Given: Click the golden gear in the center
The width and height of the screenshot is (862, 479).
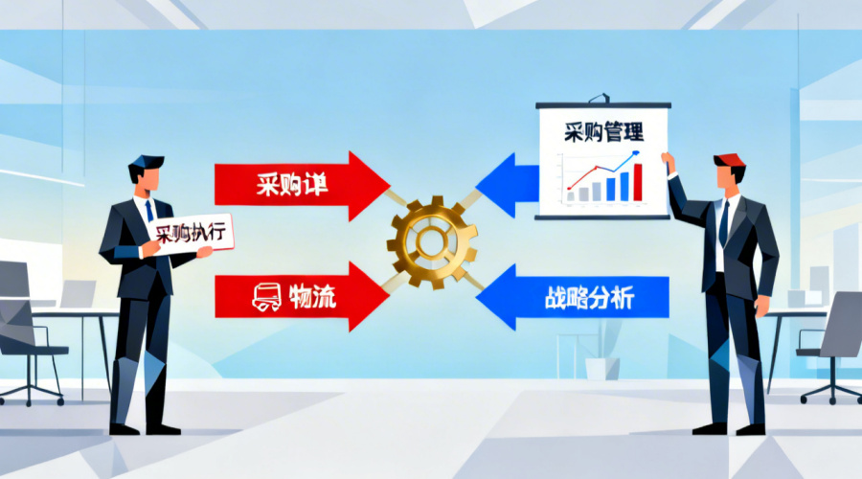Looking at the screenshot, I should pyautogui.click(x=432, y=239).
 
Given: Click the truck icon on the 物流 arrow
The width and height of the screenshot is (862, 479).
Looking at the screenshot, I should pyautogui.click(x=266, y=297).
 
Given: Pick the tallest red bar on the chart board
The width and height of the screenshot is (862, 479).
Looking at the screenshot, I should pyautogui.click(x=639, y=181).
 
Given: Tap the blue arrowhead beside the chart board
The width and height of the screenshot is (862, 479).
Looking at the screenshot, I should pyautogui.click(x=503, y=185).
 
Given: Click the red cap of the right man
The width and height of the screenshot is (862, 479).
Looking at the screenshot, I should pyautogui.click(x=728, y=159).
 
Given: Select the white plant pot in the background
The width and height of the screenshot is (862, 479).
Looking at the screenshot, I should pyautogui.click(x=596, y=368).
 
